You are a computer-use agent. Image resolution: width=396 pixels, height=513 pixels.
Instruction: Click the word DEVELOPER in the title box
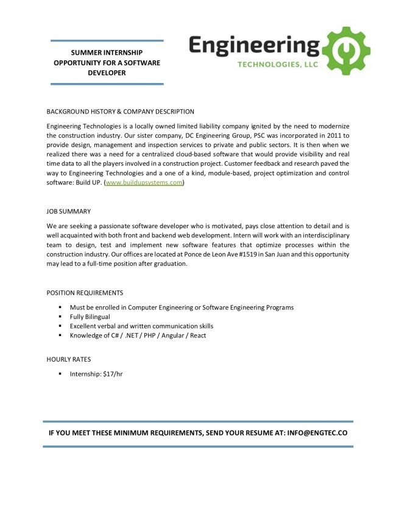[x=107, y=73]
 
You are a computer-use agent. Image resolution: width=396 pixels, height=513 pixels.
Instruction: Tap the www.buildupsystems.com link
[x=144, y=183]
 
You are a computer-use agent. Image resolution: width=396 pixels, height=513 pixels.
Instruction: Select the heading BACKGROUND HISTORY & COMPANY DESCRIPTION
[x=121, y=112]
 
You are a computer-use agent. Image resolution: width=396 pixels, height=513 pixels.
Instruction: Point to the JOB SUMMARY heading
[x=69, y=212]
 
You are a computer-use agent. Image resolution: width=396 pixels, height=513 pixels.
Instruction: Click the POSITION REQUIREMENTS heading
[x=85, y=293]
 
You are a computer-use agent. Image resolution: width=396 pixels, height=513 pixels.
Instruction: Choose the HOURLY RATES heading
[x=69, y=359]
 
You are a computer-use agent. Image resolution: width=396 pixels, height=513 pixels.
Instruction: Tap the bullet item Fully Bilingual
[x=90, y=317]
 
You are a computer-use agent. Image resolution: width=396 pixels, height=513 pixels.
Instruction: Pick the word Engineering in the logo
[x=254, y=45]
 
